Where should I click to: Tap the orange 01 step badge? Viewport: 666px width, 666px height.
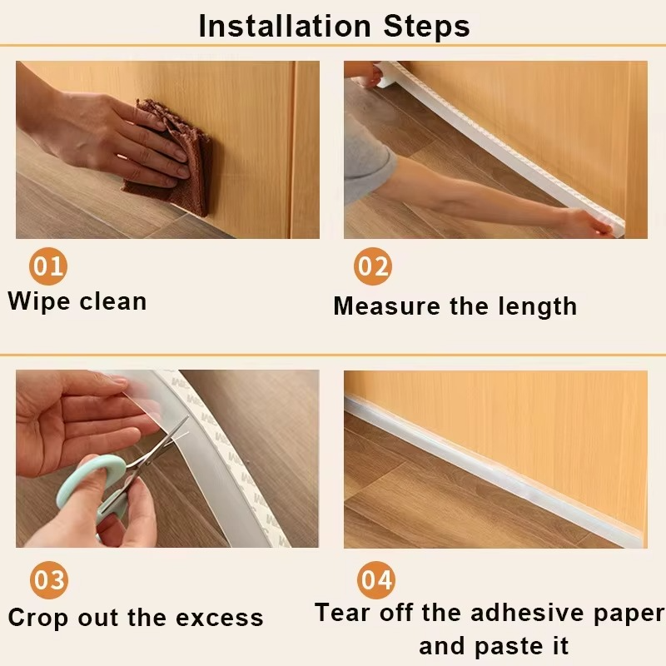(48, 266)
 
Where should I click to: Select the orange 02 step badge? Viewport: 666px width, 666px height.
(373, 266)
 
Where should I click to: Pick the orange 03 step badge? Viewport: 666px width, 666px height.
(48, 580)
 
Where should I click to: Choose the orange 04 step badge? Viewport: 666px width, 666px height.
(375, 580)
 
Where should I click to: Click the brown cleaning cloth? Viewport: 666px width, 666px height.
(171, 150)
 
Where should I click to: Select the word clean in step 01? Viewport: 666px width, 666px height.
(113, 301)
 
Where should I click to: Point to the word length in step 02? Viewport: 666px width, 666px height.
(537, 306)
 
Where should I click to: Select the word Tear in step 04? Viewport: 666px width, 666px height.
(344, 614)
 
